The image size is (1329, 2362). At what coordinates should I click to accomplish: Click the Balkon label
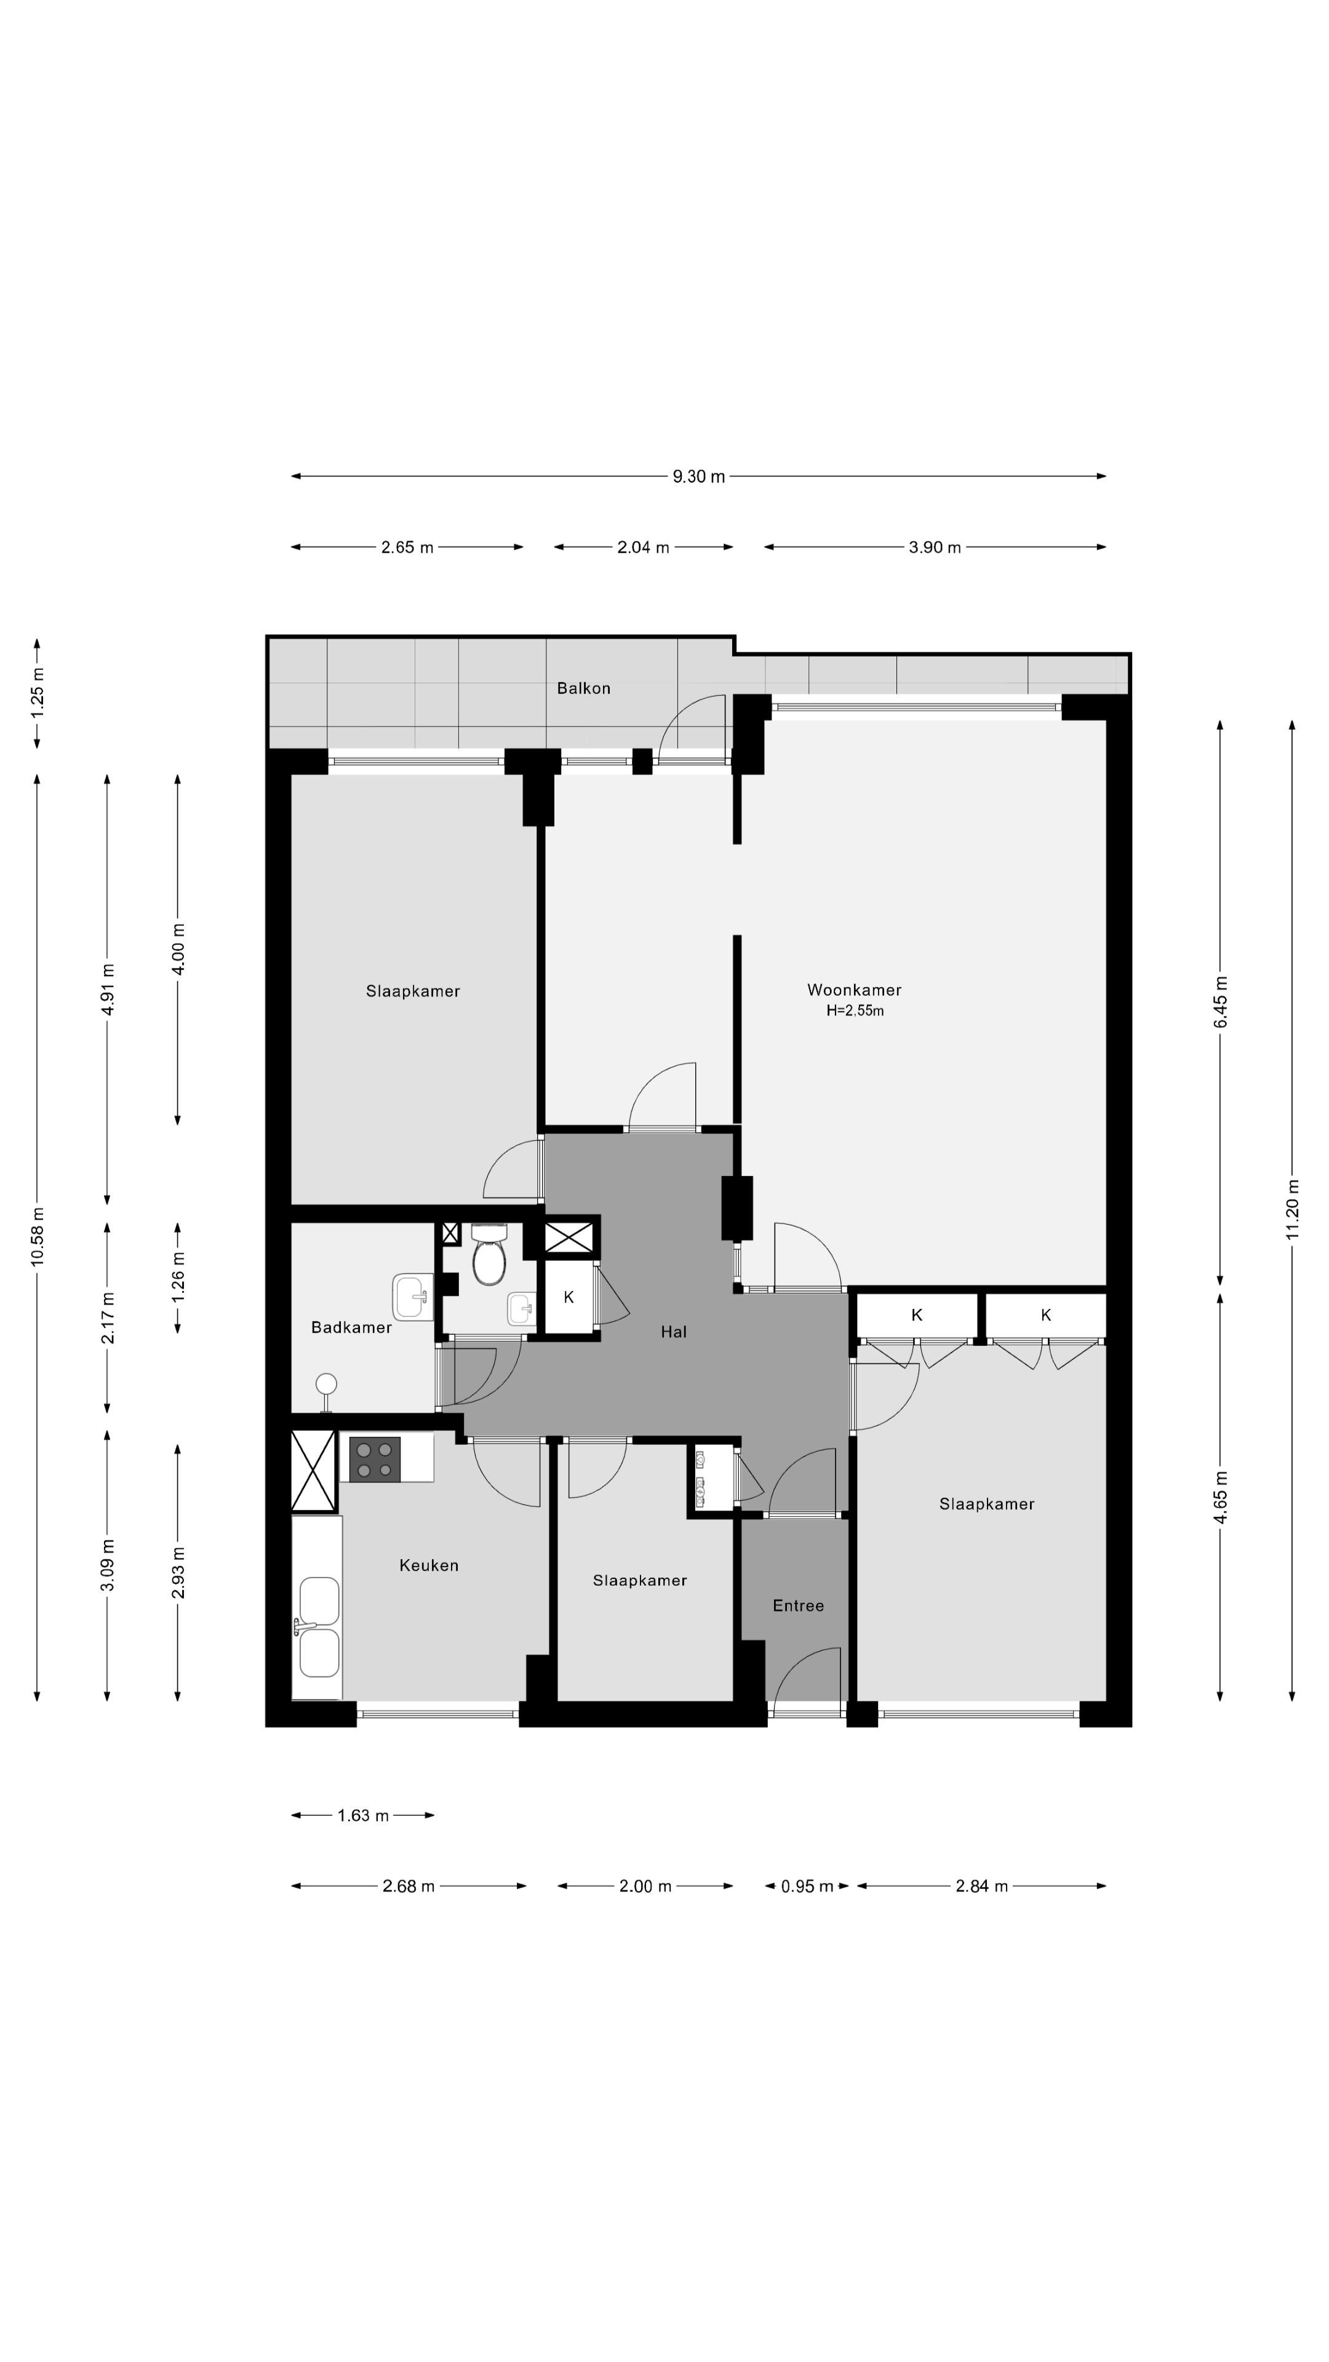[x=583, y=688]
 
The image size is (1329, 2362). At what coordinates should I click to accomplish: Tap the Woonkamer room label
[x=854, y=989]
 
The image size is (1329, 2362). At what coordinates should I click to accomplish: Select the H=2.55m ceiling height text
[x=855, y=1011]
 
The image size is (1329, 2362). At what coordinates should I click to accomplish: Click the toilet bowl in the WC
[x=489, y=1254]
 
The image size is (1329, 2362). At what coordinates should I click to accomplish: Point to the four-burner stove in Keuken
[x=374, y=1460]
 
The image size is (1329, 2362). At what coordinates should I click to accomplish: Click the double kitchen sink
[x=318, y=1626]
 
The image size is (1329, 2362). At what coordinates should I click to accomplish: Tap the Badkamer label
[x=351, y=1327]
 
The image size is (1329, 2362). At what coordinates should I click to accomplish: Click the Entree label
[x=798, y=1605]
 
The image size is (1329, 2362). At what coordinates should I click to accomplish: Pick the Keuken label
[x=428, y=1565]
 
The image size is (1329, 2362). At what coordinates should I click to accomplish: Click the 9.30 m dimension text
[x=699, y=476]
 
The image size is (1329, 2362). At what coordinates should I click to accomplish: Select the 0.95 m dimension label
[x=807, y=1886]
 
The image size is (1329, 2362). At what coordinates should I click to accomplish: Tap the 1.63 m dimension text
[x=363, y=1816]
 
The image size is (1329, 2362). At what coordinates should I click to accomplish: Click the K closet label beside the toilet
[x=569, y=1297]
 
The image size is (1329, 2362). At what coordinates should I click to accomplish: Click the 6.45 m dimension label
[x=1221, y=1001]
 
